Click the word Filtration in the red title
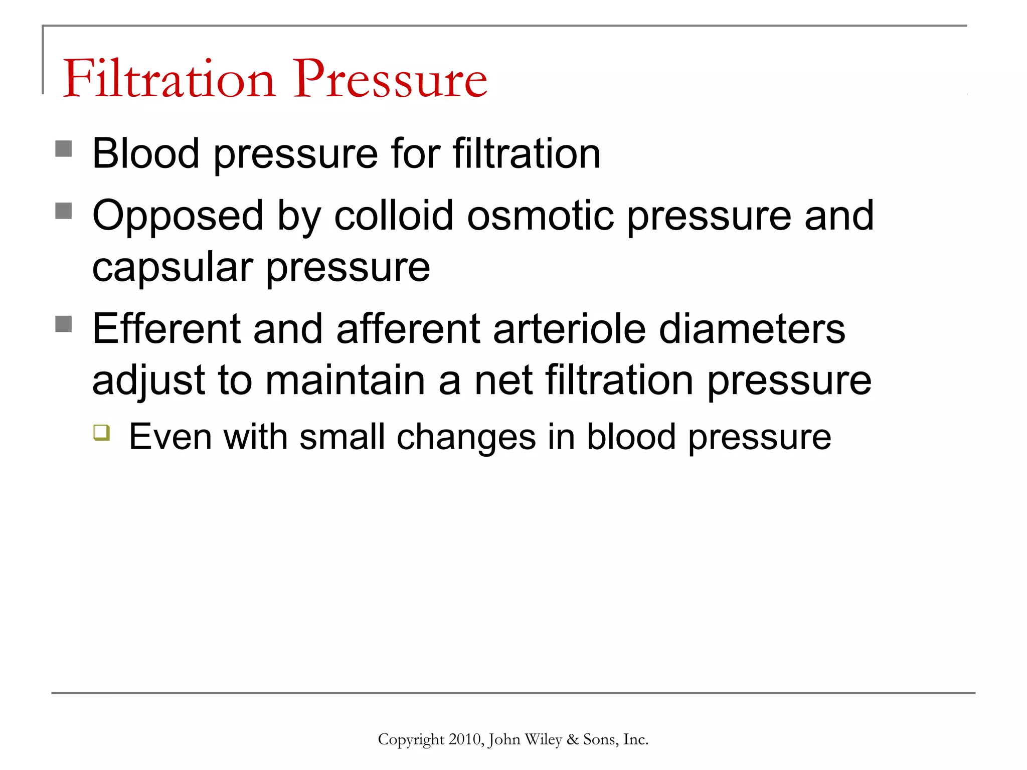pos(169,79)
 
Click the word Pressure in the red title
pos(390,79)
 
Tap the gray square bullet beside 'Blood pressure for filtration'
pos(64,149)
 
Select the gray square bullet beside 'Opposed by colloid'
pos(64,211)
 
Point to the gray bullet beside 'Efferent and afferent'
pos(64,324)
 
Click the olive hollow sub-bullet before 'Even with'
pos(102,432)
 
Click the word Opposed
pos(178,217)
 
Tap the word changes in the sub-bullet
pos(466,437)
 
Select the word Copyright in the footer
pos(411,739)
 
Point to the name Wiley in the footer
pos(543,739)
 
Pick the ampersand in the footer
pos(572,739)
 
